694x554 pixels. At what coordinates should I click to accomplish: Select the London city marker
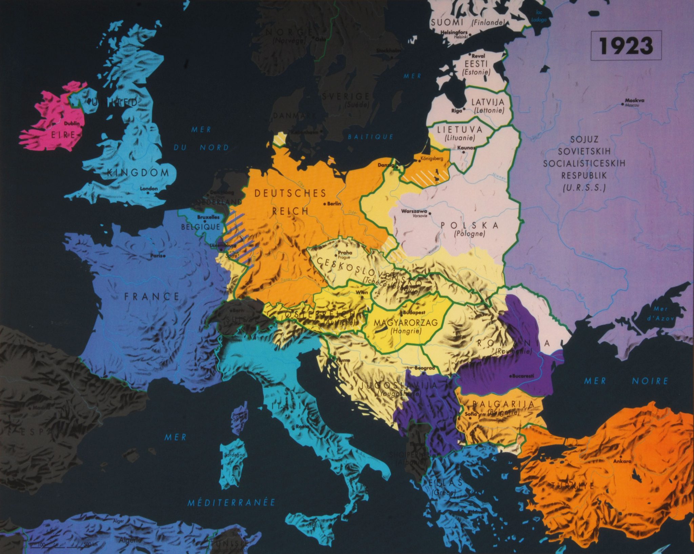148,193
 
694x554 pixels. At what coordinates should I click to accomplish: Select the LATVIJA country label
488,102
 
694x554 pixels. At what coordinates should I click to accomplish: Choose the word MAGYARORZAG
406,322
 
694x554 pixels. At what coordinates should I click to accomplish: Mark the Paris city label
157,256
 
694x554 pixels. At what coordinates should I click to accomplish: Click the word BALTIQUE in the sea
370,137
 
